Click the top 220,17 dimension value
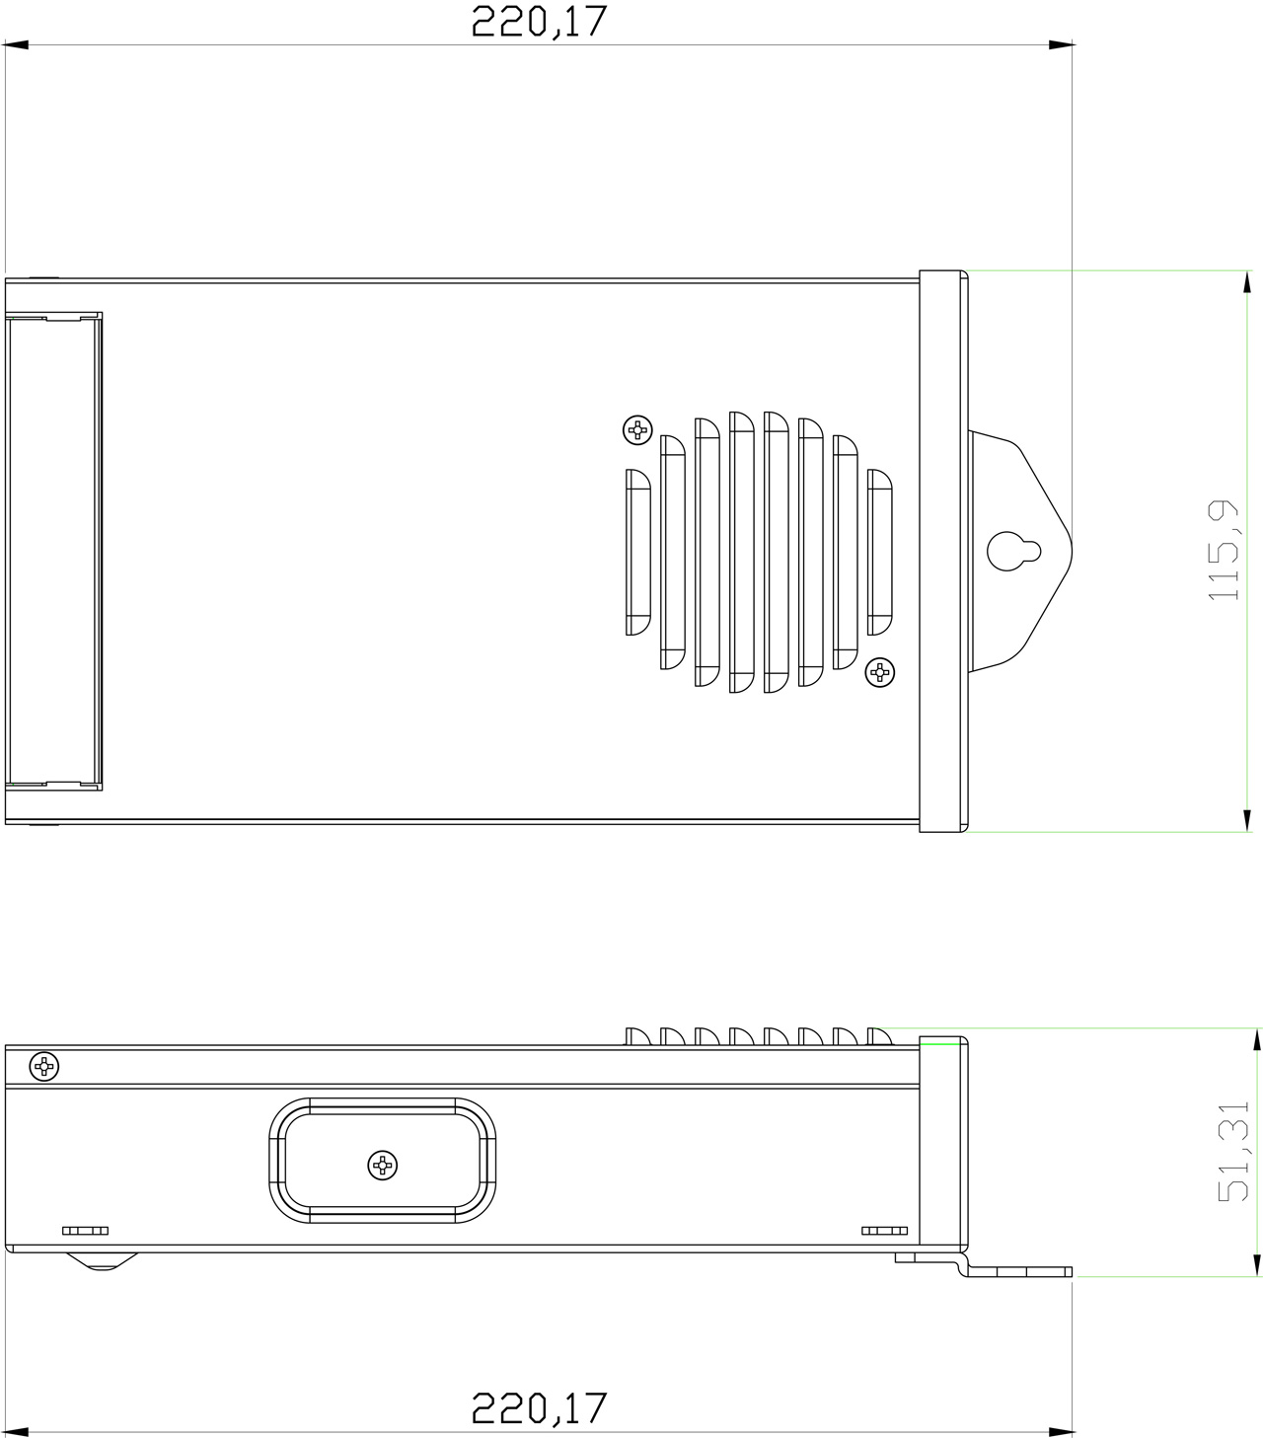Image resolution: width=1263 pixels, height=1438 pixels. click(538, 21)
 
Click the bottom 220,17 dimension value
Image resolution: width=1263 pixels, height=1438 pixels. click(538, 1407)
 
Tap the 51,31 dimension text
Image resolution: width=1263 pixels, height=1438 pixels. click(1233, 1151)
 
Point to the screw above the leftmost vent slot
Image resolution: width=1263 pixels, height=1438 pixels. click(638, 429)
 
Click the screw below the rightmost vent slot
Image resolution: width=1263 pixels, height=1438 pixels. click(878, 673)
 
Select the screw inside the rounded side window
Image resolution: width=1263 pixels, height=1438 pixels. click(383, 1165)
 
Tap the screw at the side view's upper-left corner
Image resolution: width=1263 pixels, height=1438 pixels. click(44, 1066)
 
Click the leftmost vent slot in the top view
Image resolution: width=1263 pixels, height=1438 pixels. click(638, 552)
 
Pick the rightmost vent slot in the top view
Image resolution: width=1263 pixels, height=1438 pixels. click(879, 552)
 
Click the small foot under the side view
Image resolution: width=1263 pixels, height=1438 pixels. click(102, 1260)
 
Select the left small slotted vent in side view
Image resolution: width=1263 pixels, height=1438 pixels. click(85, 1231)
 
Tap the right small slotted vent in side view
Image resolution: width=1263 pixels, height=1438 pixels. click(884, 1231)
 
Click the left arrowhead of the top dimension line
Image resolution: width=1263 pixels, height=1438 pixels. click(16, 45)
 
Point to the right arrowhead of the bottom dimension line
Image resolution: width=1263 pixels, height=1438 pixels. click(1062, 1430)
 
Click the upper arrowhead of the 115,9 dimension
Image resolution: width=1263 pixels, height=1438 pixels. click(1247, 282)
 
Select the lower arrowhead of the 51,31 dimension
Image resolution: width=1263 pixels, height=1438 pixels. click(1256, 1264)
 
